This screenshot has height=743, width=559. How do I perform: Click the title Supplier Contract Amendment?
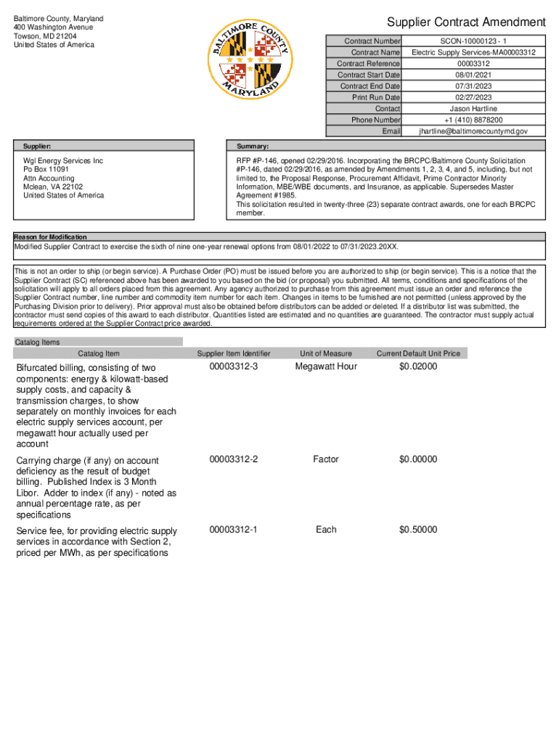point(466,22)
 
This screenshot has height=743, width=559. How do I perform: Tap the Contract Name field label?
point(375,53)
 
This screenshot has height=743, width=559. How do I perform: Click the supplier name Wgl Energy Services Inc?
point(63,160)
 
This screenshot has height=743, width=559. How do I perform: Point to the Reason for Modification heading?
point(51,237)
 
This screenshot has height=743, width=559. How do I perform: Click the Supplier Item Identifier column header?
point(234,353)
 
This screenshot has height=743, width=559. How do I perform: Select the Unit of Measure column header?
point(326,353)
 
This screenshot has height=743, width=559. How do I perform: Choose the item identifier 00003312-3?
point(234,366)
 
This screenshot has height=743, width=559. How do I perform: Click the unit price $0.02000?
point(418,366)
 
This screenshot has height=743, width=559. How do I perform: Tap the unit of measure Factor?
point(326,459)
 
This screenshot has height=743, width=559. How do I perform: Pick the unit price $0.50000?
point(418,530)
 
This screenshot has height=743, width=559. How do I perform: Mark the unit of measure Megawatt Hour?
point(326,366)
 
